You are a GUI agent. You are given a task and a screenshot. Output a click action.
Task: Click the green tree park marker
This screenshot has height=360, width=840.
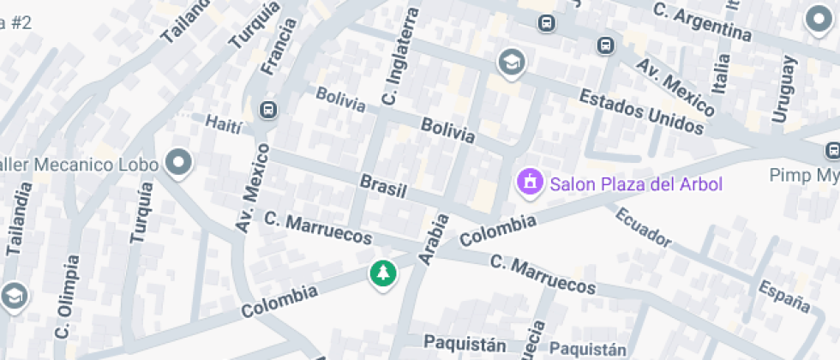point(383,273)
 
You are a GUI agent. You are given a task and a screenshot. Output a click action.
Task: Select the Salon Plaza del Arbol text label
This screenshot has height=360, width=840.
point(636,183)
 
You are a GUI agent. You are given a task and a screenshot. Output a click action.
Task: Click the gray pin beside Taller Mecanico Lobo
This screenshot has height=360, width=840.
point(178,161)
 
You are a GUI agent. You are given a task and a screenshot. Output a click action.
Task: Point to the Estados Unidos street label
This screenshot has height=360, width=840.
point(641,111)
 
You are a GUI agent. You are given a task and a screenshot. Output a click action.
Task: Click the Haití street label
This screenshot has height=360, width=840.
point(225,124)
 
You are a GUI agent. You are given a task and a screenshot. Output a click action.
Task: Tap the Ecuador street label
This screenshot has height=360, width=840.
point(643,226)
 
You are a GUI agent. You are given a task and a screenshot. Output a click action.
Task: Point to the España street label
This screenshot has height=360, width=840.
point(784,291)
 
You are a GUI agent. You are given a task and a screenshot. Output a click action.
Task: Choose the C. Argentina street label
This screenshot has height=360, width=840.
point(702,23)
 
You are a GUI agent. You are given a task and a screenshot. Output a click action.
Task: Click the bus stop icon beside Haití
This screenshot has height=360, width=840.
point(268,110)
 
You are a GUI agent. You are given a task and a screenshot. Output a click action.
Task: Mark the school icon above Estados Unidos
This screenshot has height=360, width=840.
point(512,62)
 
